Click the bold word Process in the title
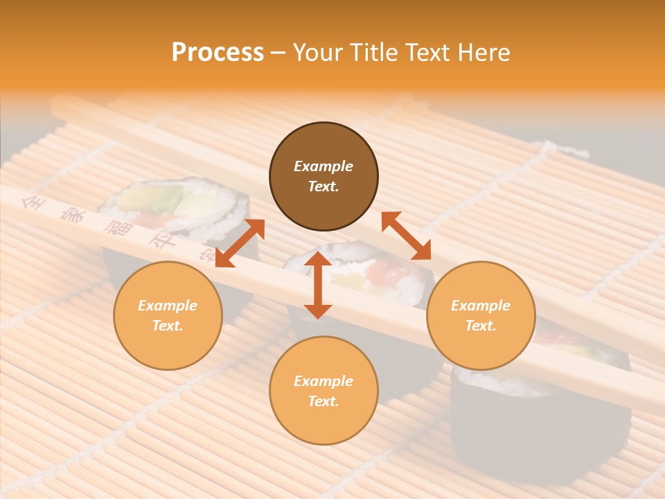tap(218, 53)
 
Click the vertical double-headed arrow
tap(318, 285)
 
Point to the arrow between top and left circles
tap(240, 243)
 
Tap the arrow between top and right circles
tap(406, 236)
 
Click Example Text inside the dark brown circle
tap(323, 176)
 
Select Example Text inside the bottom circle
tap(323, 391)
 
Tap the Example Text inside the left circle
tap(168, 315)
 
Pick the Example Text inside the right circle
tap(481, 315)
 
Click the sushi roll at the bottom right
tap(540, 416)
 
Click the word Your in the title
tap(316, 53)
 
